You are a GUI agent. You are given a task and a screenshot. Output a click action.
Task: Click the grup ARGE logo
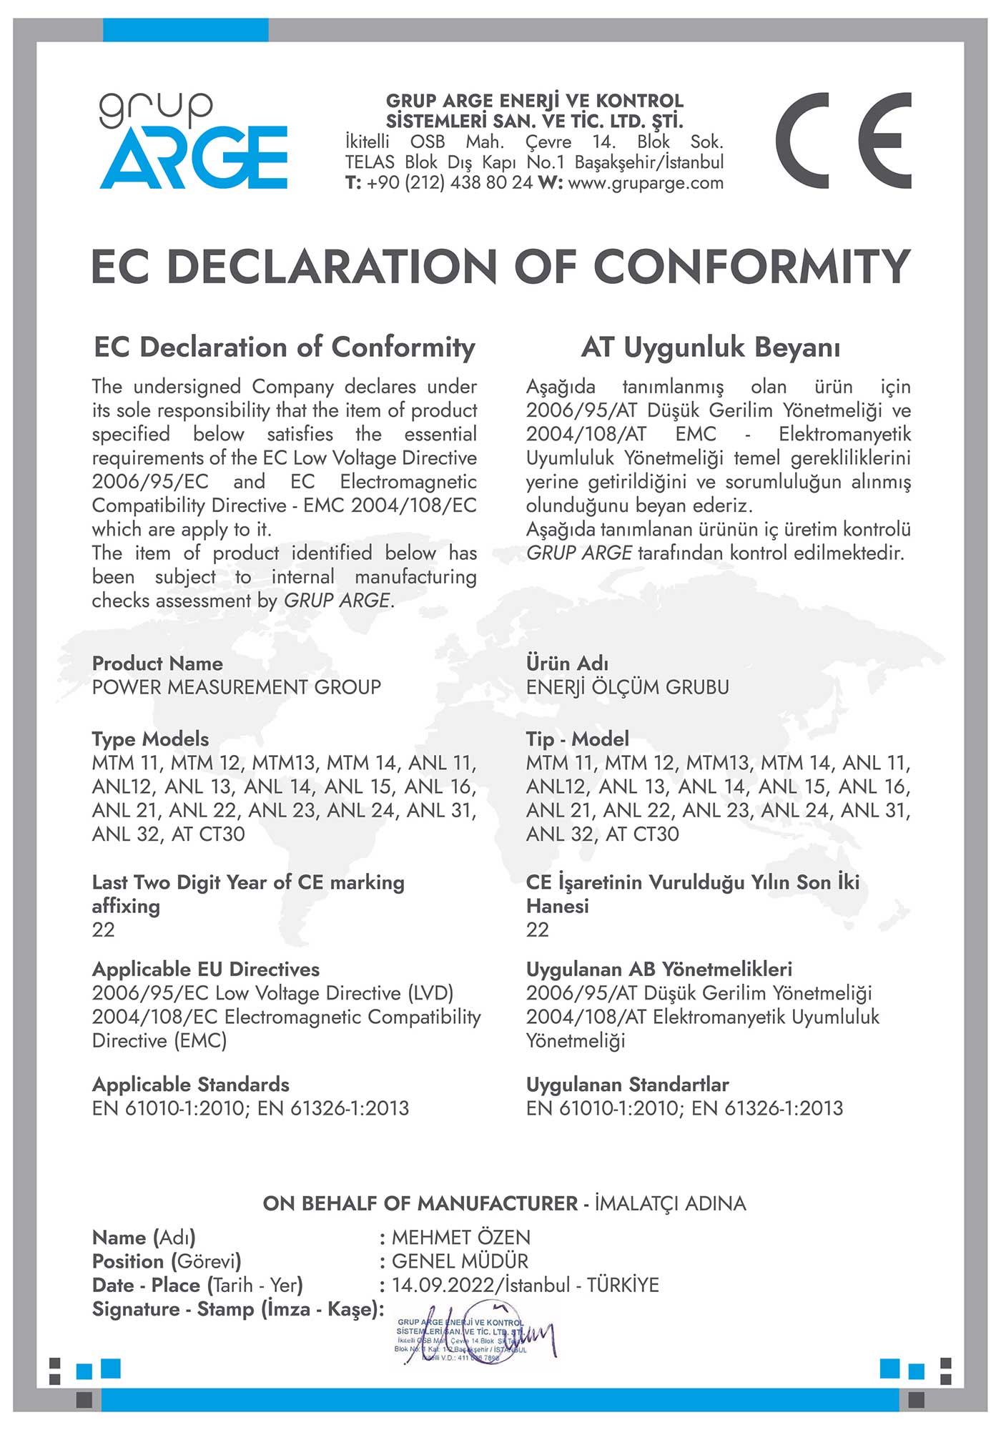193,142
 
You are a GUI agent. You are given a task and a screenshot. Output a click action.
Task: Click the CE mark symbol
844,141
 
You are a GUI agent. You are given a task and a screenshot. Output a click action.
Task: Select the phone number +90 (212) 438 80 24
450,183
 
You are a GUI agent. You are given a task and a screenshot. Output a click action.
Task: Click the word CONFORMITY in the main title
751,267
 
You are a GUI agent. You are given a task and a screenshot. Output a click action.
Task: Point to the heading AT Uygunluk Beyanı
711,347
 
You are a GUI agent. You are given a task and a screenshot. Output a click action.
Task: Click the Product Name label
157,664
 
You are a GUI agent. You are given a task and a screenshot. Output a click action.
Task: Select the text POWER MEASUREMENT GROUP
237,687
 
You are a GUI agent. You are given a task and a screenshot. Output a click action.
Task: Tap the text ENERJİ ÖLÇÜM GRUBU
627,687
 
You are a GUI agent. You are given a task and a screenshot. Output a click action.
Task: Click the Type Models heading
150,739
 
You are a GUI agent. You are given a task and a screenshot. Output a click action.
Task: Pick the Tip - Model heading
578,739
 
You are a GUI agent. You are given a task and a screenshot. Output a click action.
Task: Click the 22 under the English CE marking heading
104,929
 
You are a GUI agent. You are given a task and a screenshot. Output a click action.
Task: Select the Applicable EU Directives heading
206,970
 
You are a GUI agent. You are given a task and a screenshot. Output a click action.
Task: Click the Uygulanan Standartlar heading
627,1085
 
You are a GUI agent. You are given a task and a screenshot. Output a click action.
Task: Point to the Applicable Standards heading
191,1085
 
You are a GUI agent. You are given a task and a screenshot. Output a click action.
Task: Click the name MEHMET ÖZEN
461,1238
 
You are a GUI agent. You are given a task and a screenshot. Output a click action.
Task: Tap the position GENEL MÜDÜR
460,1261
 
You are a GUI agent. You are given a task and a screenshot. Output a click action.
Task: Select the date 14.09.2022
443,1286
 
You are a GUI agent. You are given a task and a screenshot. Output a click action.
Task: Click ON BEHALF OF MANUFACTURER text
420,1203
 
